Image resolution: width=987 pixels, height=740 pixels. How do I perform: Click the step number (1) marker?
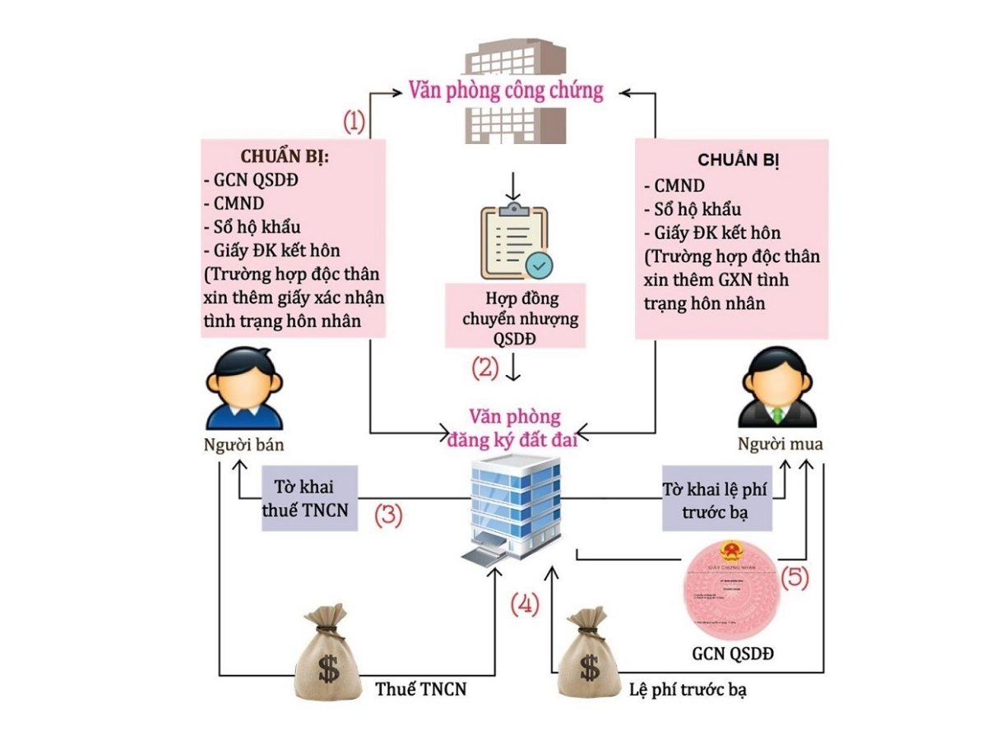point(354,123)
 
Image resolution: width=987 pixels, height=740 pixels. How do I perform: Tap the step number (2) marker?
point(485,367)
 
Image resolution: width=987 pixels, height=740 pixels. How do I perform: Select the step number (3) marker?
point(388,516)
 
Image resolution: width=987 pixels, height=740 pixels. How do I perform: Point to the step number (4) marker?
point(525,604)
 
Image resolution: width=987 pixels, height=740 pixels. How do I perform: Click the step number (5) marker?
point(795,577)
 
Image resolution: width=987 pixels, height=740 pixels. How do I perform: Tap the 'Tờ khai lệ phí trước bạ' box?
point(717,501)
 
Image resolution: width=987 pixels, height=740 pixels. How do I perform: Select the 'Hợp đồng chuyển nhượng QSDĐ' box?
point(515,317)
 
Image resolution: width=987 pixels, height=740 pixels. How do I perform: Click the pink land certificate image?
point(728,590)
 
